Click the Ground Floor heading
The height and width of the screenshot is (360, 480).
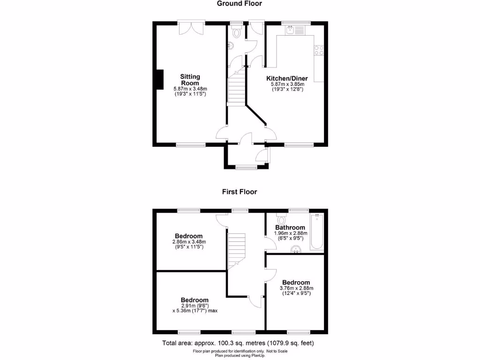239,4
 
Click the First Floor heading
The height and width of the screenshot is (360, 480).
240,192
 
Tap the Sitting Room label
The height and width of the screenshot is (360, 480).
190,80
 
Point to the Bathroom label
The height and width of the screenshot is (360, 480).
290,228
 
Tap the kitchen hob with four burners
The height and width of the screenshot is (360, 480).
319,50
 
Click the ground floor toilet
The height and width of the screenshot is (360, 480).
235,32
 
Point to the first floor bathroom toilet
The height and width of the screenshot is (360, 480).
281,219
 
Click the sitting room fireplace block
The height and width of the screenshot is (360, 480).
160,79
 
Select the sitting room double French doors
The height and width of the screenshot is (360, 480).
191,27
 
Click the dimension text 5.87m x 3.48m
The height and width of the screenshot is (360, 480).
190,89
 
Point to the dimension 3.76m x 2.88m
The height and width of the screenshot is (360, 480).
296,288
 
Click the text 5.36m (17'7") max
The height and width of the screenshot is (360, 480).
196,311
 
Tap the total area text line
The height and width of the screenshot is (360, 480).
238,343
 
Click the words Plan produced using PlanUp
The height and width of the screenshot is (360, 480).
240,356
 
